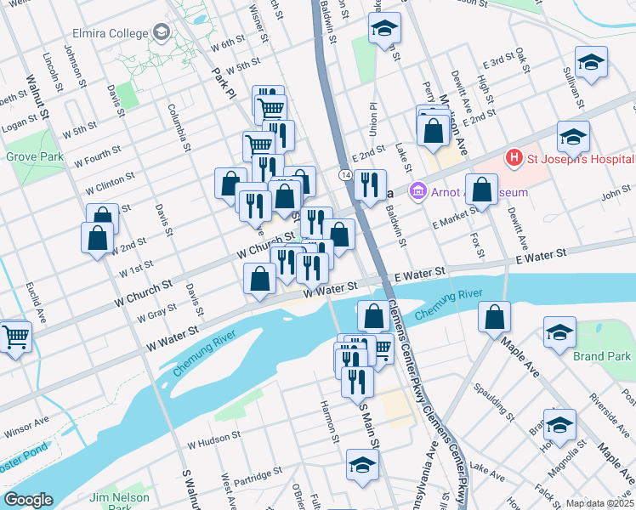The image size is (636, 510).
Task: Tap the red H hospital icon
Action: pyautogui.click(x=514, y=157)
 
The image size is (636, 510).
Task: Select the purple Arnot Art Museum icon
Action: pyautogui.click(x=417, y=192)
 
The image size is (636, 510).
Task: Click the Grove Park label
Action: pyautogui.click(x=34, y=157)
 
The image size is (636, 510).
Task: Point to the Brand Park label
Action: pyautogui.click(x=601, y=355)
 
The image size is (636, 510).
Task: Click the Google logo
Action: pyautogui.click(x=28, y=500)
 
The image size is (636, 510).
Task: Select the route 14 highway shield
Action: pyautogui.click(x=344, y=174)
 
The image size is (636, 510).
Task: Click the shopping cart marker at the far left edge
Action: pyautogui.click(x=14, y=337)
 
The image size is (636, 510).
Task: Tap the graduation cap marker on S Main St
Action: pyautogui.click(x=362, y=465)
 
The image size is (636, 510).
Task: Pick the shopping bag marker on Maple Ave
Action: pyautogui.click(x=494, y=318)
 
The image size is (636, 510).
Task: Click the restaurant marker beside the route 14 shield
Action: pyautogui.click(x=369, y=185)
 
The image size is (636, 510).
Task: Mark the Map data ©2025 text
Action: pyautogui.click(x=599, y=503)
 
